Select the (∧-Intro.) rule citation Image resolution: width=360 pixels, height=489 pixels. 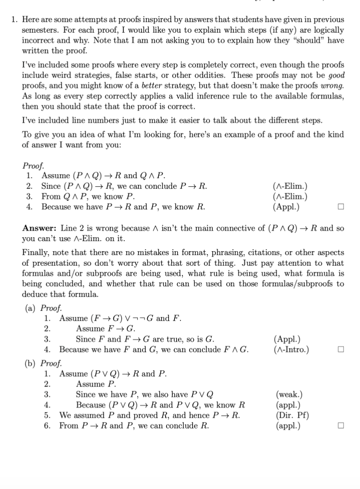pyautogui.click(x=291, y=349)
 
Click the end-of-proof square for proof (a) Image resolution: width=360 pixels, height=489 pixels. pyautogui.click(x=341, y=350)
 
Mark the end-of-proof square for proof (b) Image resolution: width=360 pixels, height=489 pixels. pyautogui.click(x=341, y=426)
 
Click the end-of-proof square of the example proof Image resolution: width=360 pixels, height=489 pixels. pyautogui.click(x=341, y=207)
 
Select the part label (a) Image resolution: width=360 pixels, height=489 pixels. pyautogui.click(x=31, y=308)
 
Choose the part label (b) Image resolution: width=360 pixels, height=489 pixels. pyautogui.click(x=31, y=363)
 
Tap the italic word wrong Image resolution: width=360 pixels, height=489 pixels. pyautogui.click(x=332, y=86)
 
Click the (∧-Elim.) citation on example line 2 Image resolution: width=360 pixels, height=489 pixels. pyautogui.click(x=290, y=186)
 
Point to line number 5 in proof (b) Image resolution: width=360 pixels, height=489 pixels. pyautogui.click(x=47, y=415)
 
